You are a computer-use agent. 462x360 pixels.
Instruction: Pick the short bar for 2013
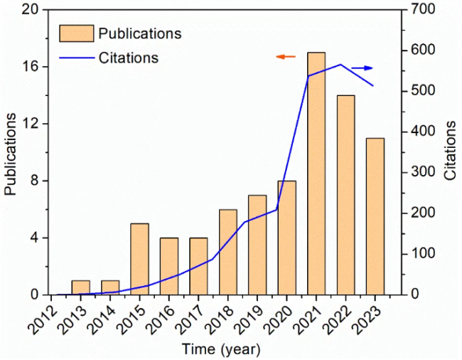click(x=80, y=287)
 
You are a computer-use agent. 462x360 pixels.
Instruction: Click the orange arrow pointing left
click(x=286, y=56)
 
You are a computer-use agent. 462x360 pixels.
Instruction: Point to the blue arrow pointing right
click(x=362, y=68)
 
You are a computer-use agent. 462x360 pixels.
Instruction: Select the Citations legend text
click(x=129, y=57)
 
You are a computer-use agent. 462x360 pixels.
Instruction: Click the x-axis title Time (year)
click(x=221, y=349)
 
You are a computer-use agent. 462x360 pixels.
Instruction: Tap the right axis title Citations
click(x=450, y=151)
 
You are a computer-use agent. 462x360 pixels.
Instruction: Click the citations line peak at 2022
click(x=340, y=65)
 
